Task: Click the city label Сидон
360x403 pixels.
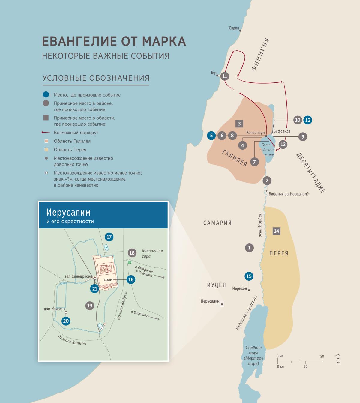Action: pos(234,28)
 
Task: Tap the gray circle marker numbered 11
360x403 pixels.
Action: pos(225,76)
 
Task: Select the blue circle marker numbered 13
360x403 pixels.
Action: pos(308,120)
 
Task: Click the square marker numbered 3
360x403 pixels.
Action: pos(239,124)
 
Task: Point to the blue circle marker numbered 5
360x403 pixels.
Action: pos(211,136)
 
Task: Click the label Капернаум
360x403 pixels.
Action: pos(255,133)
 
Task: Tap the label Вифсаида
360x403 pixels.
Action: pos(282,131)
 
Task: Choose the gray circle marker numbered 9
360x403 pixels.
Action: pos(303,137)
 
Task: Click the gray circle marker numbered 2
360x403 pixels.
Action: pos(267,181)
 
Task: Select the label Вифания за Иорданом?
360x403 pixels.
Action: pos(289,194)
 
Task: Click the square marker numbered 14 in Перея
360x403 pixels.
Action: pos(276,231)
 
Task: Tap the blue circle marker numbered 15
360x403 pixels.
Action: pos(249,276)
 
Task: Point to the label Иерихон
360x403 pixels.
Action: pos(239,288)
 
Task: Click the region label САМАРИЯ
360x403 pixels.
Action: pos(217,223)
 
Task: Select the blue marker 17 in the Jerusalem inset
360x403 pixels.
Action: pos(109,237)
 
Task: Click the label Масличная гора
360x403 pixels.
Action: pos(152,253)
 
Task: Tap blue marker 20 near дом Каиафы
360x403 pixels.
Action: pos(66,321)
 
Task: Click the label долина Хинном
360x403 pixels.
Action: pos(72,340)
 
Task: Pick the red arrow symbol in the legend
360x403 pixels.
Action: pos(46,132)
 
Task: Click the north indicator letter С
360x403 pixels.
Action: pos(338,360)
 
